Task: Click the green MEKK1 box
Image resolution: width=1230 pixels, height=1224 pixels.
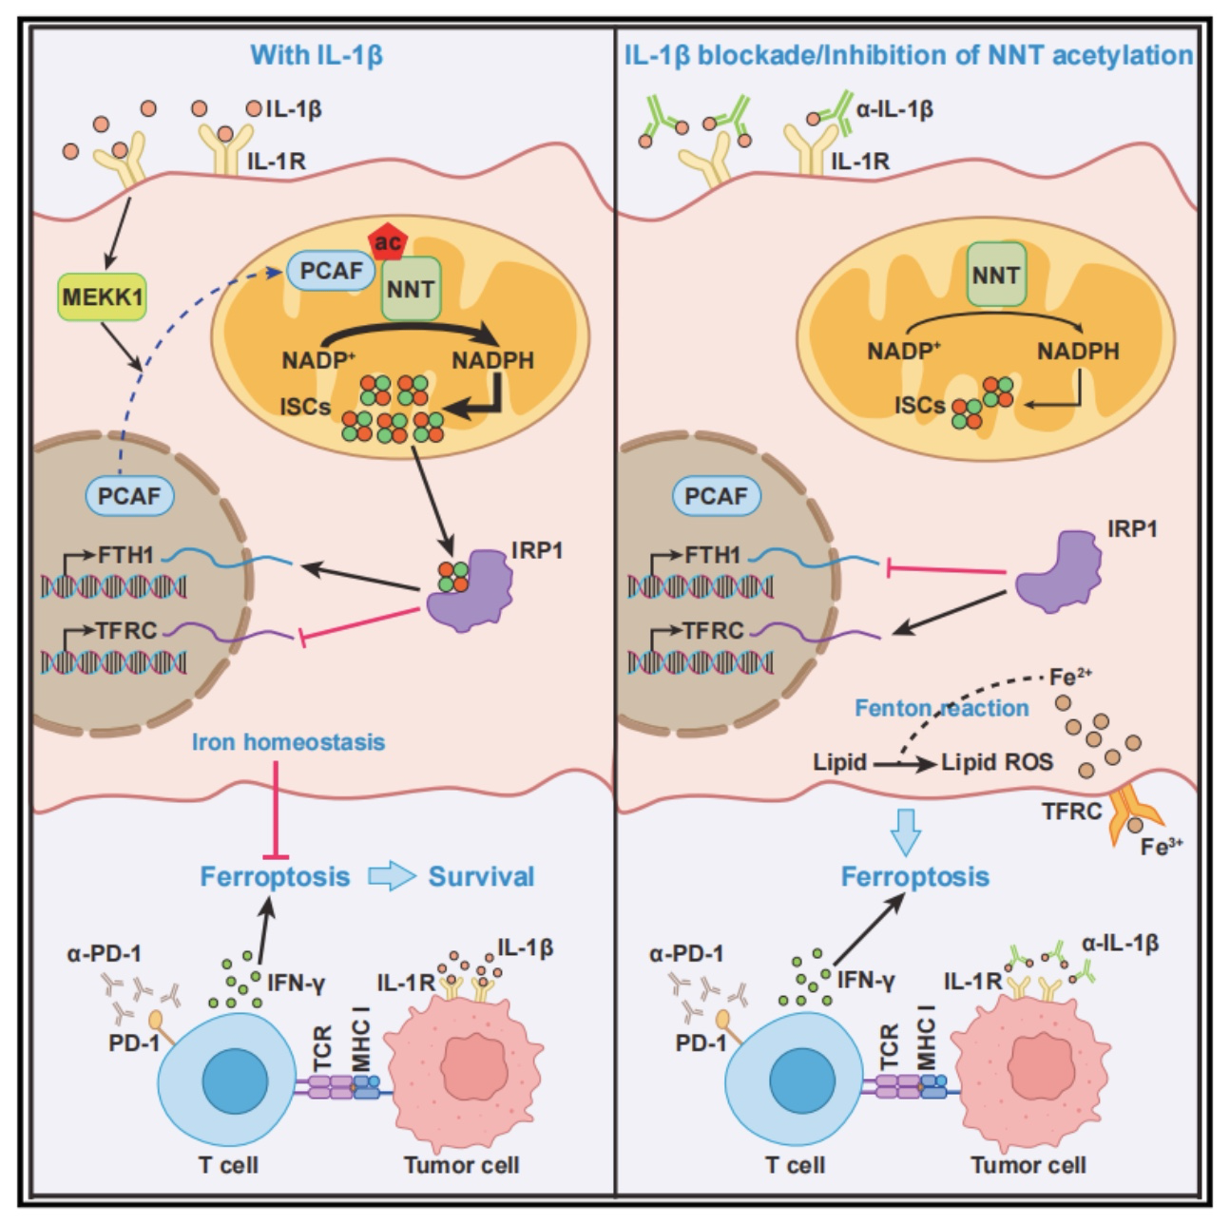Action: coord(102,296)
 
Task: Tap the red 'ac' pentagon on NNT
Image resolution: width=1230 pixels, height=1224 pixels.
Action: coord(388,242)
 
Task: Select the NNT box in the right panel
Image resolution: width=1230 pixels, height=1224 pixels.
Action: coord(996,275)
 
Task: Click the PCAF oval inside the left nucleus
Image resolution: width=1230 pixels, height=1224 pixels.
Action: coord(129,496)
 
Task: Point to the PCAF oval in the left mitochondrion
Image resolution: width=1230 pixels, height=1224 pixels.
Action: coord(331,271)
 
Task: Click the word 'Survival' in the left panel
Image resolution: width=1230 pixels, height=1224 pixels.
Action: coord(481,876)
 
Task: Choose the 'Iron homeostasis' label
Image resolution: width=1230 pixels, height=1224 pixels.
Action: coord(289,741)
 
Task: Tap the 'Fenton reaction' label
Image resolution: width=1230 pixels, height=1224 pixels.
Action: coord(941,708)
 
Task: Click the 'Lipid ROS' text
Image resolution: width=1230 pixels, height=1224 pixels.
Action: coord(997,762)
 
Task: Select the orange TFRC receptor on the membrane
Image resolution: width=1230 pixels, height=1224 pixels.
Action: coord(1135,813)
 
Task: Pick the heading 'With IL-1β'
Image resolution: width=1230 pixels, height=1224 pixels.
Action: coord(317,55)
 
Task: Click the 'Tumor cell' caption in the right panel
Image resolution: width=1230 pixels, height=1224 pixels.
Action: coord(1028,1165)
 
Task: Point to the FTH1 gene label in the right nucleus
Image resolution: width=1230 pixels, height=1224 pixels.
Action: coord(712,555)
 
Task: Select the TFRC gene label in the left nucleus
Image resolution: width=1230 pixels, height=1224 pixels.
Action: coord(126,630)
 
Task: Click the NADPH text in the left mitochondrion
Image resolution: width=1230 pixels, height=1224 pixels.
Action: coord(492,360)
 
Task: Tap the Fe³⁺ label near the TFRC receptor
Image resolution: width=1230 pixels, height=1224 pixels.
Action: coord(1162,847)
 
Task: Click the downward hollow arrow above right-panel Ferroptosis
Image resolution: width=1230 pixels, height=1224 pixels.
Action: coord(905,832)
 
